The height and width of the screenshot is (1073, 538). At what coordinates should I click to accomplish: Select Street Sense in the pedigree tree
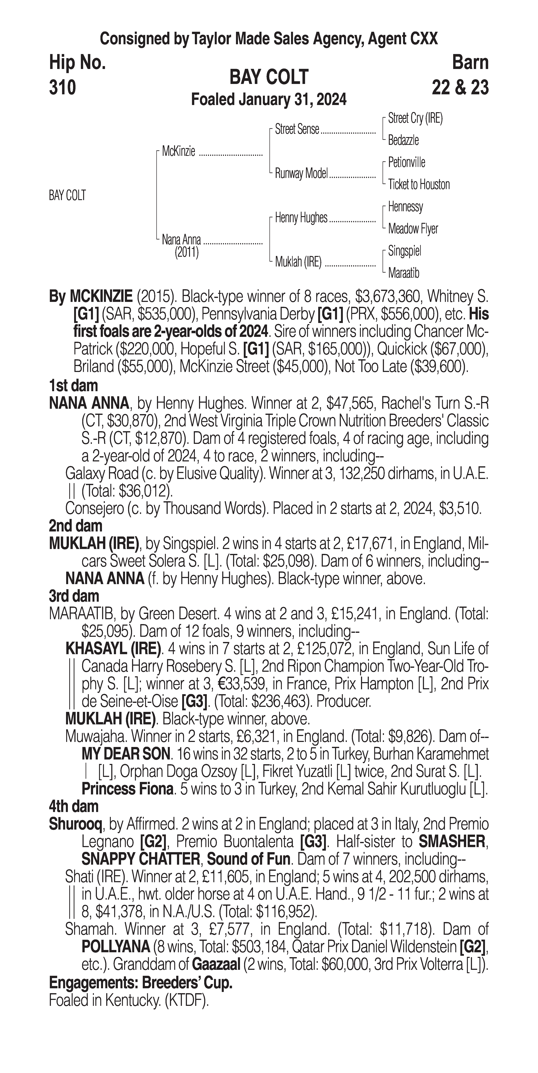(297, 130)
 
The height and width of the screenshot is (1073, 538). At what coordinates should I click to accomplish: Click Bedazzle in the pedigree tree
(403, 140)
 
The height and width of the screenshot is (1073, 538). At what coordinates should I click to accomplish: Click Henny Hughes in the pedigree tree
(301, 217)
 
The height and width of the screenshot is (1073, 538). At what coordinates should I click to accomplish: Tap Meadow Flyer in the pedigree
(413, 229)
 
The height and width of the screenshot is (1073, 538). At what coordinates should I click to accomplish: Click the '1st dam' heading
(73, 386)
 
